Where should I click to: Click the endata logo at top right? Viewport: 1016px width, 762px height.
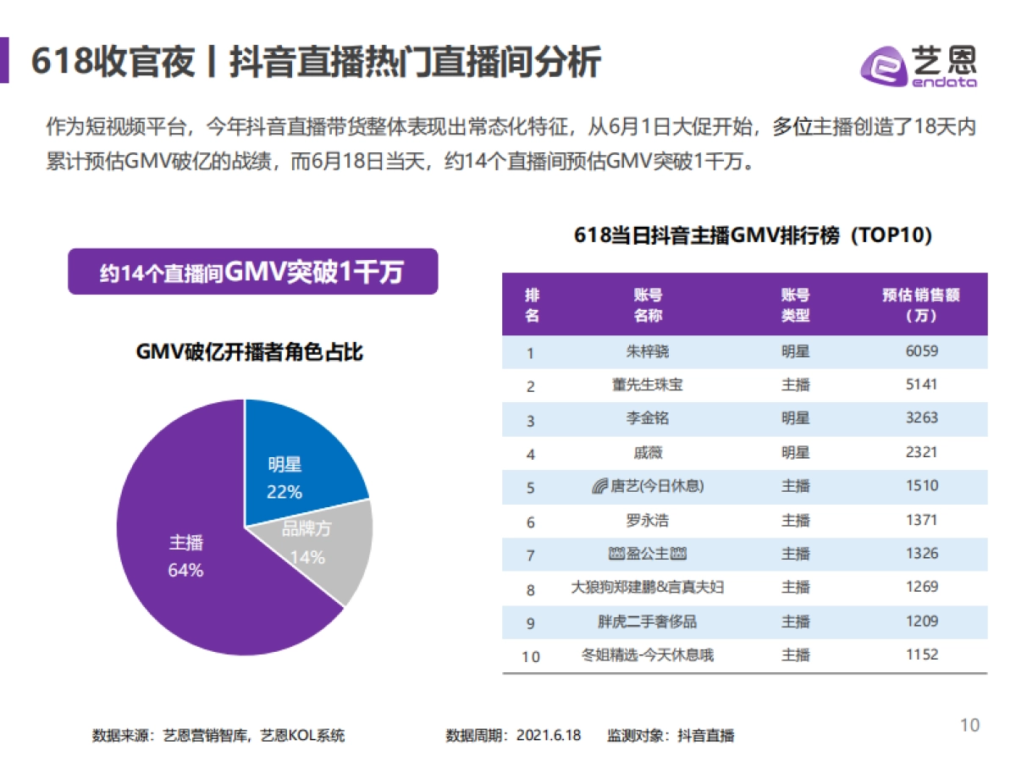[x=919, y=65]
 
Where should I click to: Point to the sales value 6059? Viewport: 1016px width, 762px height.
[x=921, y=351]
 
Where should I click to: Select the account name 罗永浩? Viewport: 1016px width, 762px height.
[x=648, y=520]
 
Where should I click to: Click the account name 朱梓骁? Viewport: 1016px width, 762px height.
[x=648, y=351]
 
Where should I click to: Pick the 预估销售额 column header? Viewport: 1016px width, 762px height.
[x=921, y=305]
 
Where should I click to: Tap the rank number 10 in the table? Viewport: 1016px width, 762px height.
[x=531, y=656]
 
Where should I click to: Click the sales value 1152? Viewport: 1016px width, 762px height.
[x=921, y=654]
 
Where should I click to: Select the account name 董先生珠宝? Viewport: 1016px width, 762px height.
[x=648, y=384]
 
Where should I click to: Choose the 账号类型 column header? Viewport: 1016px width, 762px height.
[x=795, y=305]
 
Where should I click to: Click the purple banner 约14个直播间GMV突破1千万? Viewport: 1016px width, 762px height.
[x=252, y=272]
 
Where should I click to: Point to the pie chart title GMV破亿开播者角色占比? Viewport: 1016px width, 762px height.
[x=250, y=352]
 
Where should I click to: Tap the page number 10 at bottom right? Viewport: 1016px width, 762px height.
[x=969, y=725]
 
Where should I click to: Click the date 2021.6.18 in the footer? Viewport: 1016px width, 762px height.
[x=549, y=735]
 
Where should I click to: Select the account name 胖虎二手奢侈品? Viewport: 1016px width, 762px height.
[x=648, y=621]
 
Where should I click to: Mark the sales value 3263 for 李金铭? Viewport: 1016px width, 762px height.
[x=921, y=418]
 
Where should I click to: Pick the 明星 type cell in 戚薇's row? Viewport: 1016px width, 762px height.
[x=795, y=452]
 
